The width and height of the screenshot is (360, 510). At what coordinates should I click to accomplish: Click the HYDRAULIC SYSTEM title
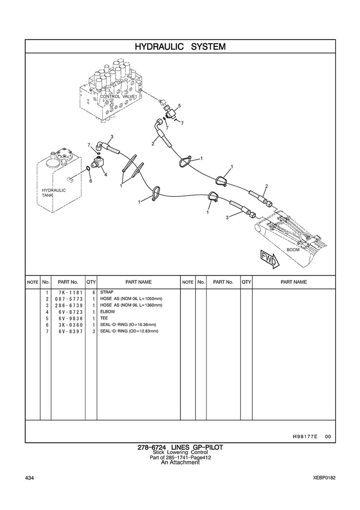pos(180,46)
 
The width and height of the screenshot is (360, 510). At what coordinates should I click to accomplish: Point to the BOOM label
pos(293,249)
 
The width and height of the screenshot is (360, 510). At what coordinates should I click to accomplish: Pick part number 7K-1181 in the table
pos(68,292)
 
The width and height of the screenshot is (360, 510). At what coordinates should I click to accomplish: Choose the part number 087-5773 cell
pos(68,299)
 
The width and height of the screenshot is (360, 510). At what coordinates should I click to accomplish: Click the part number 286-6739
pos(68,305)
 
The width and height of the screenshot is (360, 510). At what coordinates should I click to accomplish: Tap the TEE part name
pos(104,318)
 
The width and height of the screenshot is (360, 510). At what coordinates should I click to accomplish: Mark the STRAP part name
pos(106,292)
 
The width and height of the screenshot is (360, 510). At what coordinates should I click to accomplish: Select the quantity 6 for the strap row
pos(93,292)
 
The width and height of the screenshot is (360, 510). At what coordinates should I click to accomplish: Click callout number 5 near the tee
pos(179,106)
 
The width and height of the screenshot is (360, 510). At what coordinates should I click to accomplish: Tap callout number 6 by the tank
pos(90,181)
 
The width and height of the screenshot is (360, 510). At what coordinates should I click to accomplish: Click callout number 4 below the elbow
pos(105,174)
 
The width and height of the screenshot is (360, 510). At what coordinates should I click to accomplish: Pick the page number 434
pos(30,478)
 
